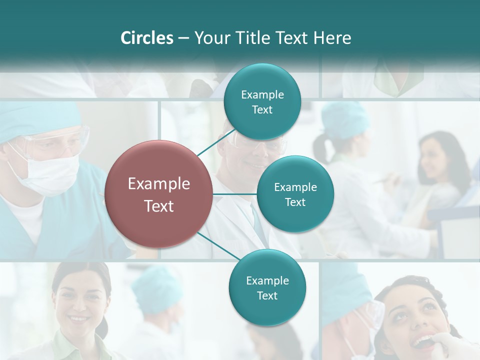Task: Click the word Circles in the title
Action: [x=146, y=38]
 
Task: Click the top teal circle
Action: [x=262, y=102]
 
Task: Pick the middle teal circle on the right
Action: [x=295, y=194]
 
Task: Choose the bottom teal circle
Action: [x=267, y=288]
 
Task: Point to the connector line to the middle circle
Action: [x=235, y=193]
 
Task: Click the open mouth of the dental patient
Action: [x=422, y=342]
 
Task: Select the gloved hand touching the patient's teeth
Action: [x=452, y=345]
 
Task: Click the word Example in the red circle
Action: [x=158, y=184]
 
